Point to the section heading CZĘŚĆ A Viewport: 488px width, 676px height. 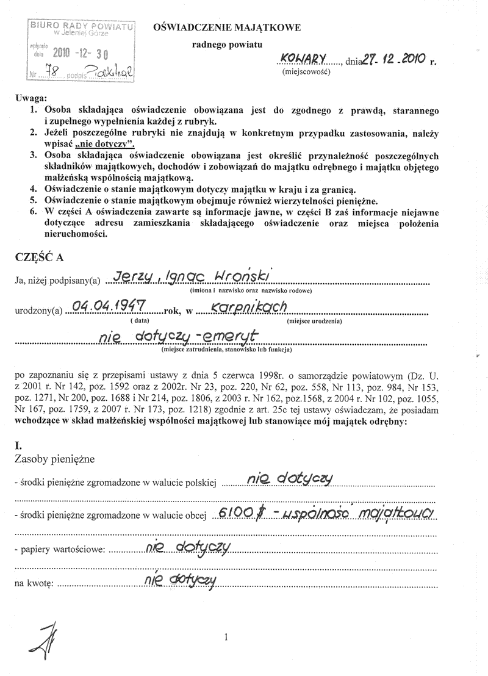(x=38, y=257)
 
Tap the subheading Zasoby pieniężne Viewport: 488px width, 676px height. (x=54, y=457)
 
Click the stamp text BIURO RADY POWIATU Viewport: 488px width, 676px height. (x=81, y=26)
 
